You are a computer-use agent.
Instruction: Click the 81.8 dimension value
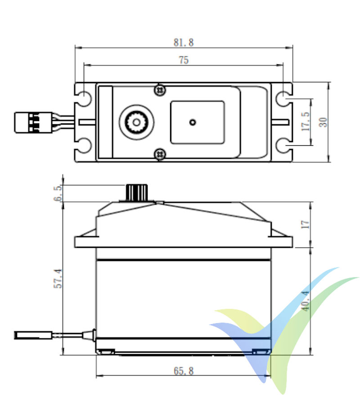pyautogui.click(x=184, y=43)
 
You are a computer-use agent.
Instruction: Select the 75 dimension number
pyautogui.click(x=184, y=60)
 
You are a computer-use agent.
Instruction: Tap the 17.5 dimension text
pyautogui.click(x=306, y=121)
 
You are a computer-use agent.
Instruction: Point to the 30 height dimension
pyautogui.click(x=323, y=121)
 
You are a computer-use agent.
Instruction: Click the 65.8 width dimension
pyautogui.click(x=183, y=371)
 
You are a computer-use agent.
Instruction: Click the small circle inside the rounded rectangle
pyautogui.click(x=193, y=122)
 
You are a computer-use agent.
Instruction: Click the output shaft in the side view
pyautogui.click(x=133, y=193)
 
